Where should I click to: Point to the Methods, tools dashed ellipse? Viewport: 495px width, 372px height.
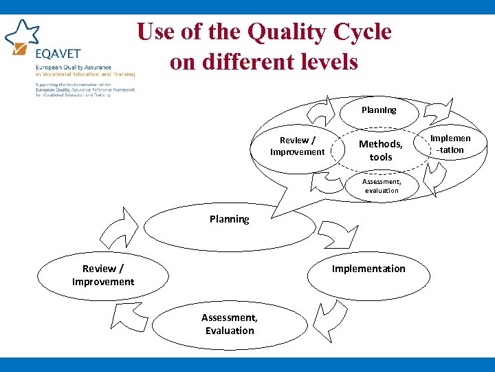click(380, 150)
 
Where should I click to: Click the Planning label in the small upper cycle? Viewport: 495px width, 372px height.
click(379, 110)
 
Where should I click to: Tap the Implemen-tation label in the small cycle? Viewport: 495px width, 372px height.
click(450, 144)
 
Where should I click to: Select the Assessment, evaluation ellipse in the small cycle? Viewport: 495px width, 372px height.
click(382, 186)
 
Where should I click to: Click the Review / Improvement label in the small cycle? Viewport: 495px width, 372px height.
click(297, 146)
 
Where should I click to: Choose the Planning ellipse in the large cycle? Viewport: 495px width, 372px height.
click(229, 220)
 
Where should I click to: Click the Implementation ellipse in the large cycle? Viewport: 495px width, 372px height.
click(368, 269)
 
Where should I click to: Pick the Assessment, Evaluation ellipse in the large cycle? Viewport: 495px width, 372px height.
click(230, 324)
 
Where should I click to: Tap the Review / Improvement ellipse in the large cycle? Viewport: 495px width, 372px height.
click(103, 275)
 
